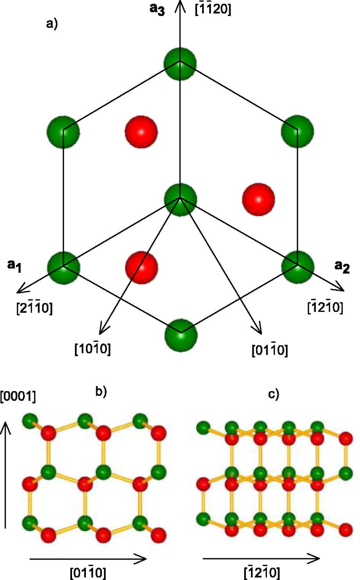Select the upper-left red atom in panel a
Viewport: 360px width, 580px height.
tap(141, 131)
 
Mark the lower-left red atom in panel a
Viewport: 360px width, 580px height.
tap(141, 267)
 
